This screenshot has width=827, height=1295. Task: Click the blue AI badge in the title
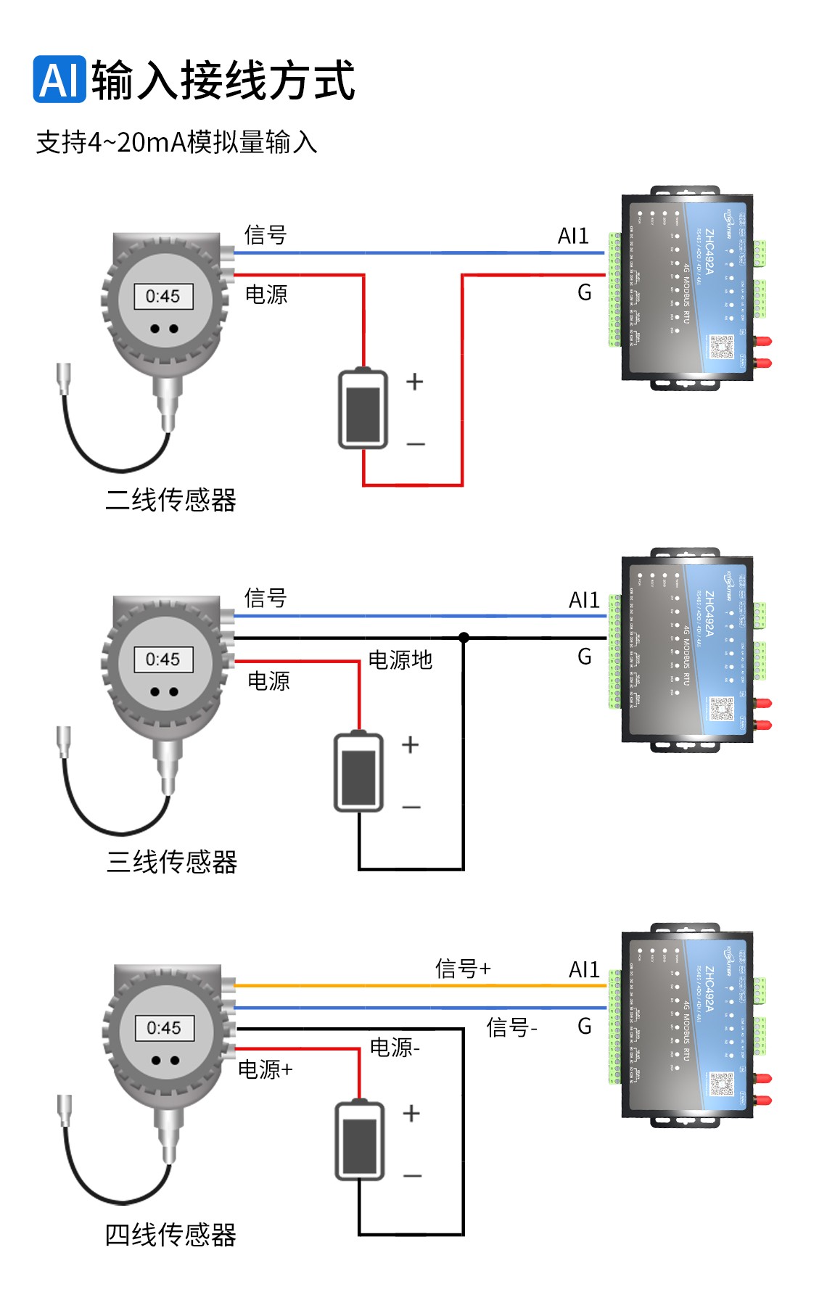coord(59,79)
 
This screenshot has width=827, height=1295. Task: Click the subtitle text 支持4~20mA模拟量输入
coord(176,142)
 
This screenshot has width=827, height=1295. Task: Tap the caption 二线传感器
coord(171,500)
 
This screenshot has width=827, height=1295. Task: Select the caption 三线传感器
coord(172,862)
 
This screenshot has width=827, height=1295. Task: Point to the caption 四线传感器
coord(171,1234)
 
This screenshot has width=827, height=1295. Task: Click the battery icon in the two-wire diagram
coord(363,410)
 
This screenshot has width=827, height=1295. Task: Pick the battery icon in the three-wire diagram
coord(358,772)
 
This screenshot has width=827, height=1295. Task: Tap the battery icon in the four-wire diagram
coord(360,1141)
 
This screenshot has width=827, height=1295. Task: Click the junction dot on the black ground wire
coord(464,638)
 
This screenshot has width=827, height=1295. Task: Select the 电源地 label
coord(400,659)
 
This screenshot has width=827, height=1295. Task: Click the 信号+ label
coord(463,969)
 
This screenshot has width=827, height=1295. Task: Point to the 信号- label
coord(511,1027)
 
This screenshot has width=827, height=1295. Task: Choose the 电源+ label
coord(266,1069)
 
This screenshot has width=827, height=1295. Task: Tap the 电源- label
coord(395,1048)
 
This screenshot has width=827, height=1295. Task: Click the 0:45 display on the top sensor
coord(163,296)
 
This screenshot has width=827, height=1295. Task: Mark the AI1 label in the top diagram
coord(573,236)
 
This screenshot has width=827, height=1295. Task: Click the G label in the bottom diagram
coord(585,1026)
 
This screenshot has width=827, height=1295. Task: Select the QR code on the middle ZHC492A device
coord(722,709)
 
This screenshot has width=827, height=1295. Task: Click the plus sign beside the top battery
coord(414,382)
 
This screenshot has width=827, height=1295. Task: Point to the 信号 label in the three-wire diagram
coord(266,598)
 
